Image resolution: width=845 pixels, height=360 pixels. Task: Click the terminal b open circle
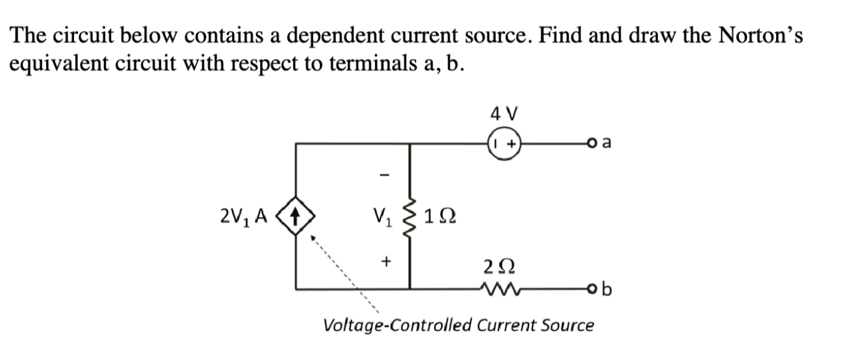(x=590, y=288)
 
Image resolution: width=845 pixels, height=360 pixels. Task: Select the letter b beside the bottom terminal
(x=607, y=287)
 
